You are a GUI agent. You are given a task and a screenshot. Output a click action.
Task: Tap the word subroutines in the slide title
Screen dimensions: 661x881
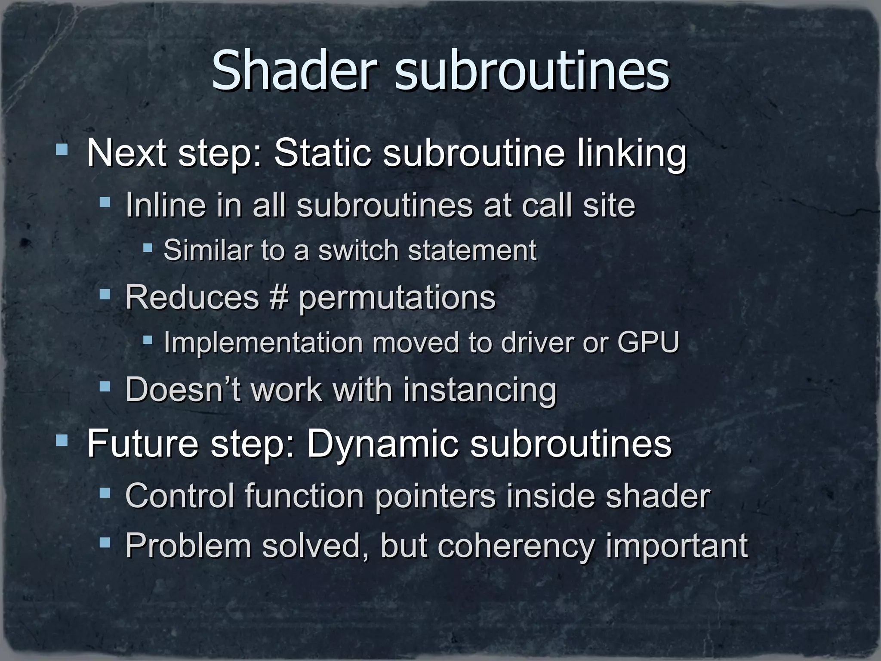[x=532, y=71]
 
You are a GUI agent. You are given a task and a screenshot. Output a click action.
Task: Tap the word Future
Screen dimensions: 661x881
[x=143, y=444]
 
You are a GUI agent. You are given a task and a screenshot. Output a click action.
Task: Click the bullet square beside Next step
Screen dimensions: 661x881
[x=62, y=150]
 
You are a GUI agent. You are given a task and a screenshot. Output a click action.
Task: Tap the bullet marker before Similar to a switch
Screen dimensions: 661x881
[x=148, y=247]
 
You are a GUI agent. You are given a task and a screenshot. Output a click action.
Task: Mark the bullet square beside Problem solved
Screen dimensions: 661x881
[x=105, y=542]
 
